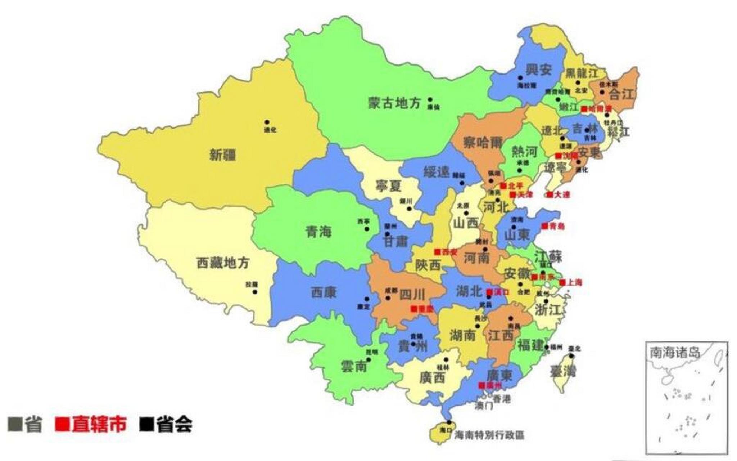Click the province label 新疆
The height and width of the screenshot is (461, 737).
tap(223, 156)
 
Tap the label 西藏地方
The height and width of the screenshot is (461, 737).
tap(223, 263)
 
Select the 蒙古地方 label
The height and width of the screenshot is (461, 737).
tap(394, 103)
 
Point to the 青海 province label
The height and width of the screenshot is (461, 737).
tap(318, 232)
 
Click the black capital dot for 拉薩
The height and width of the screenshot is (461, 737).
tap(255, 292)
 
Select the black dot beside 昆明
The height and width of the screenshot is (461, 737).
tap(368, 359)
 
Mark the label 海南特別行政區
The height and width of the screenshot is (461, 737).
tap(489, 435)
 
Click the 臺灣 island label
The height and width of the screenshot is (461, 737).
tap(562, 371)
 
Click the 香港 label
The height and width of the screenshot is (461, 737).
tap(502, 399)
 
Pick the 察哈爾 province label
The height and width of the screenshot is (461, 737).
tap(483, 143)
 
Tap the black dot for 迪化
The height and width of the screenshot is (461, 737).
tap(267, 122)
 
